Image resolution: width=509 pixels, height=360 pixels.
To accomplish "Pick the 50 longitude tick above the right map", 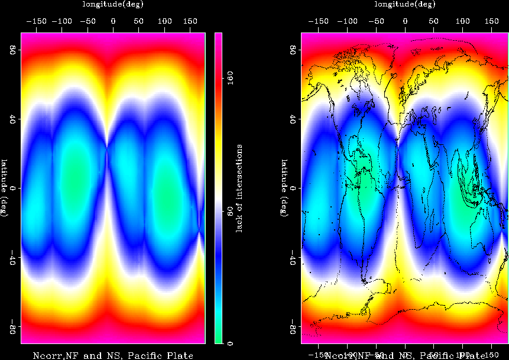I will click(434, 21).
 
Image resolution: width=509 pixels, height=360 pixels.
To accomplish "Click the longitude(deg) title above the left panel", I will click(113, 4).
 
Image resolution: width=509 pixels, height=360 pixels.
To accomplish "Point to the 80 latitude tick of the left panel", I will click(11, 50).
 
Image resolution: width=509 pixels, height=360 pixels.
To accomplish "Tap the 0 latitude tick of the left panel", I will click(12, 188).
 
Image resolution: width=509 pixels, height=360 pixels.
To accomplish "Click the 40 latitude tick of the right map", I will click(292, 119).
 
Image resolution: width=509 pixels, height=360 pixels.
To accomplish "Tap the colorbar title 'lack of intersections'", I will click(240, 188).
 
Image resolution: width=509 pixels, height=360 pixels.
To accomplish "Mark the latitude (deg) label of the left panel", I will click(4, 188).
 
